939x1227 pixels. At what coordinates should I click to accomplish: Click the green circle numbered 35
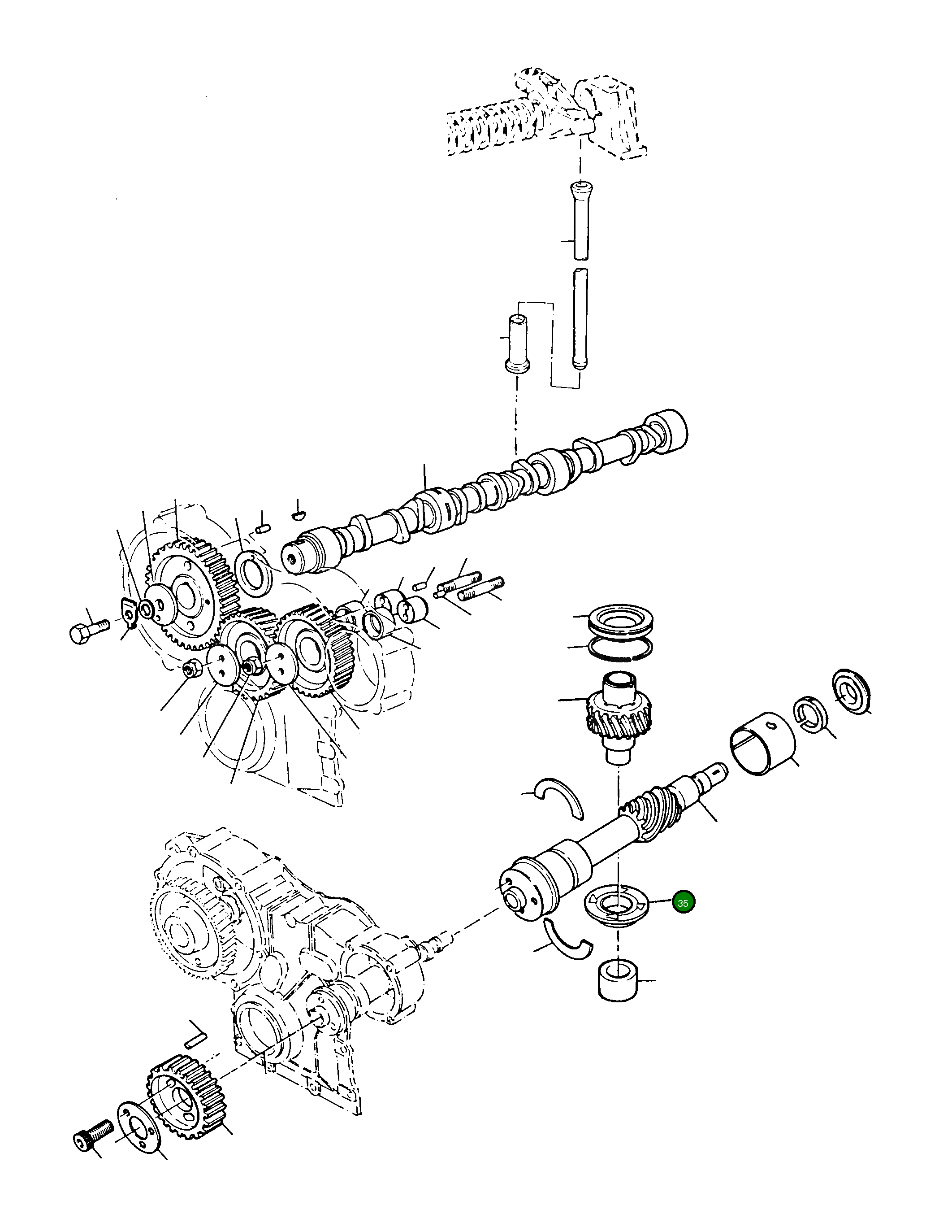click(x=683, y=903)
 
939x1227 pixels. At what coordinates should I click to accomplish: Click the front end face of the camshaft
click(x=294, y=559)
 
